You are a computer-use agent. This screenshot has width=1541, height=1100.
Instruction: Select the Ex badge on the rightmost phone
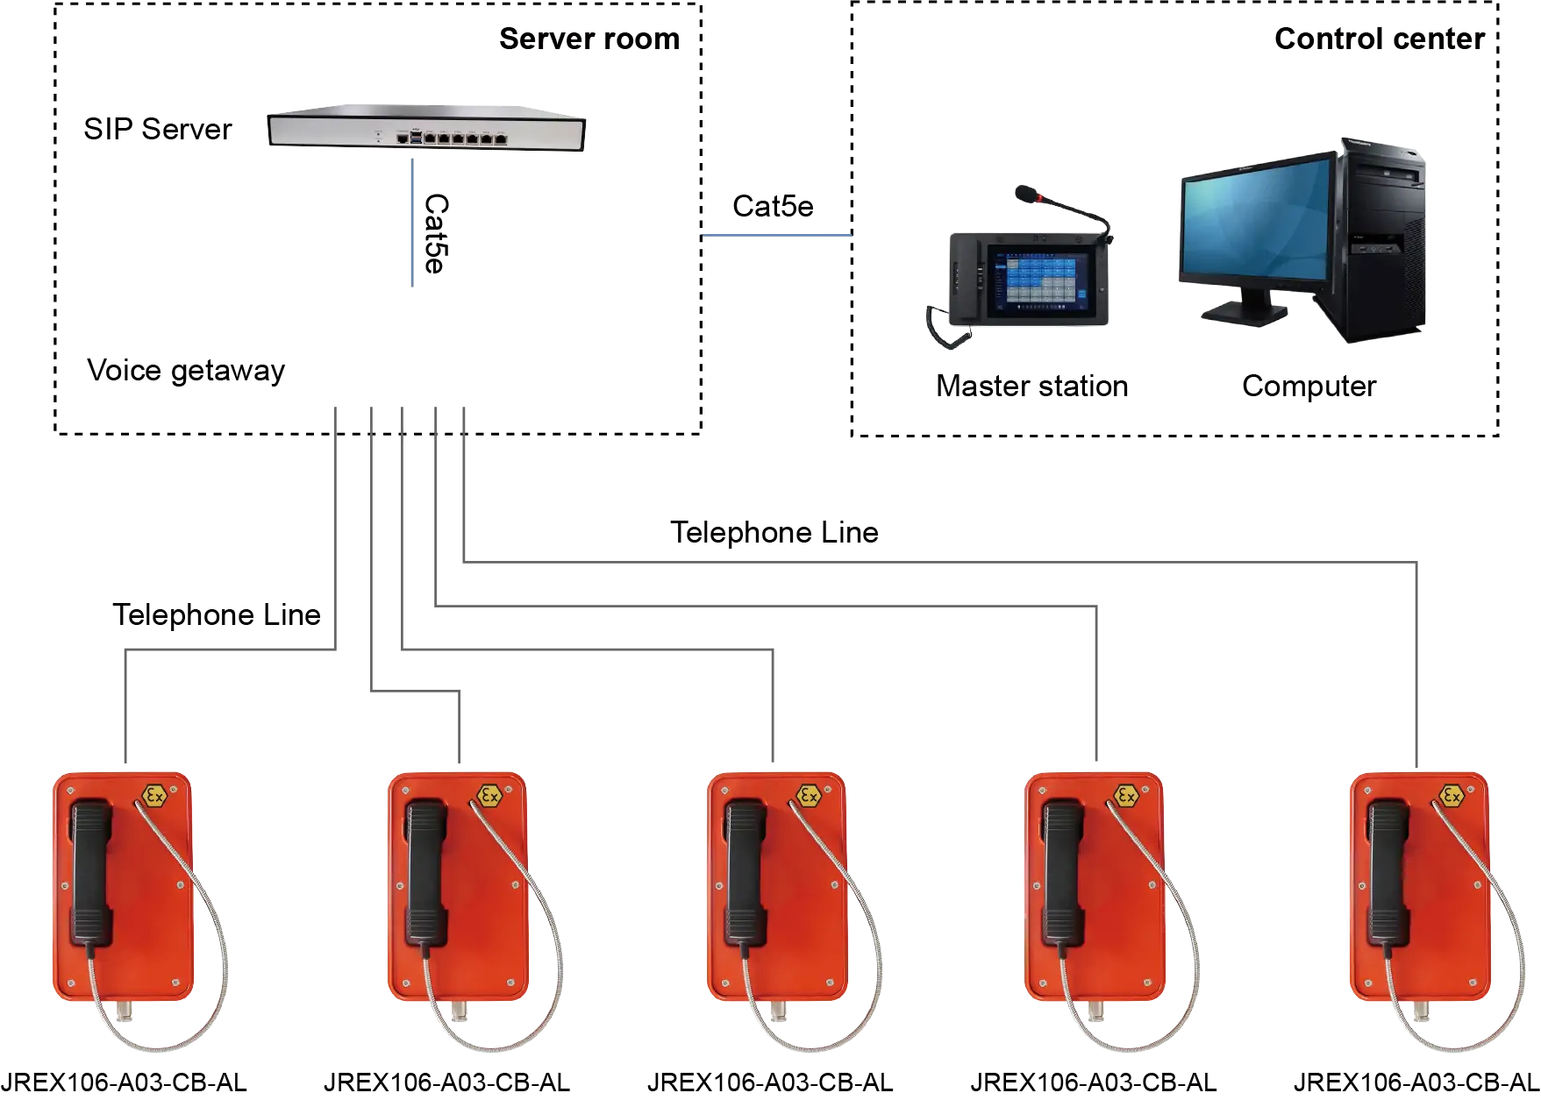click(1452, 796)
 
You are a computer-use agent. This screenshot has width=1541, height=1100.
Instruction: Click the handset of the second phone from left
click(426, 872)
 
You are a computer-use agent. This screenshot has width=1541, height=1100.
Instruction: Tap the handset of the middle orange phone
click(746, 872)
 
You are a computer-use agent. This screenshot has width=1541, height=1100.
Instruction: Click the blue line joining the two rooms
click(776, 235)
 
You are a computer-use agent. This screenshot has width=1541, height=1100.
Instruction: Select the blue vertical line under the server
click(410, 219)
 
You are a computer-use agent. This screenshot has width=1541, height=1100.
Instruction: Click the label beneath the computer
click(1310, 387)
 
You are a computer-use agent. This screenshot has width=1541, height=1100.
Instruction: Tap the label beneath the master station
click(1031, 387)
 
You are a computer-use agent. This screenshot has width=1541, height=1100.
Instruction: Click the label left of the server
click(161, 127)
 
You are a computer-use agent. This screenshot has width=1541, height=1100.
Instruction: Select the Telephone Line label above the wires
click(775, 533)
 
